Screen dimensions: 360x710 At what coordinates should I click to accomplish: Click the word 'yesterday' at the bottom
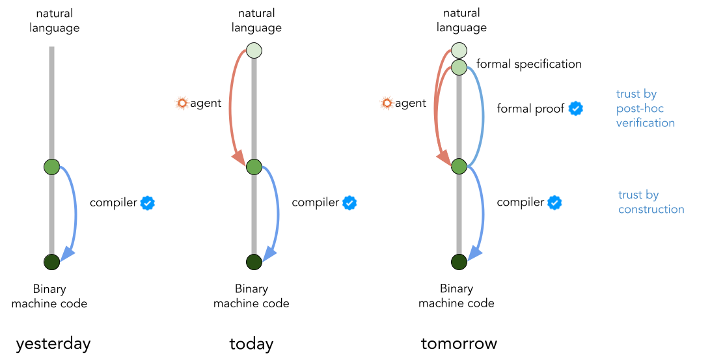[53, 344]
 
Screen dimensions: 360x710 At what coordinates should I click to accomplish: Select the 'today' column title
[251, 344]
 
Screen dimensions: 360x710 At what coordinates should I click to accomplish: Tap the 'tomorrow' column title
[459, 343]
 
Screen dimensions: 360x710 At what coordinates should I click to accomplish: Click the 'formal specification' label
[528, 64]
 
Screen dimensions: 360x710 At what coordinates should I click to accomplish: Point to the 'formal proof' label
[530, 109]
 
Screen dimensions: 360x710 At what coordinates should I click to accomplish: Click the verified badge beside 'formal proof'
[575, 109]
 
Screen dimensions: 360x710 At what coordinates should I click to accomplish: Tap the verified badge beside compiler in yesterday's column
[148, 202]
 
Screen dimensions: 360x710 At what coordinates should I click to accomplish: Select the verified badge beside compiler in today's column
[349, 202]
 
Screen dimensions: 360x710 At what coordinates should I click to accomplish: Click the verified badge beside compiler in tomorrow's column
[554, 202]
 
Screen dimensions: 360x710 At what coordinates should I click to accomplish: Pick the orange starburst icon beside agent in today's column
[182, 103]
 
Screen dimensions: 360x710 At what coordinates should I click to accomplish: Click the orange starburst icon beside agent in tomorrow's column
[387, 103]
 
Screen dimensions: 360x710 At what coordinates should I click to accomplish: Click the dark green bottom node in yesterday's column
[52, 262]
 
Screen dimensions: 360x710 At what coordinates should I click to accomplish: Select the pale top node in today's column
[254, 50]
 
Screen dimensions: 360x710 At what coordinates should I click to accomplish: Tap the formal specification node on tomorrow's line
[459, 66]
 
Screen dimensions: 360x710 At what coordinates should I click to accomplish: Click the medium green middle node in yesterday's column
[52, 167]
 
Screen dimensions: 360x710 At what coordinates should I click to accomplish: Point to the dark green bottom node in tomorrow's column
[459, 262]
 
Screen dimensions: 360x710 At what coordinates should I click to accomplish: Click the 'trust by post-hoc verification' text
[645, 109]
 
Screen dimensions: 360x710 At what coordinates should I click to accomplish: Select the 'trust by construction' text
[651, 202]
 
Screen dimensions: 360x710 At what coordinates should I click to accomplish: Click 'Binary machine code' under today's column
[251, 296]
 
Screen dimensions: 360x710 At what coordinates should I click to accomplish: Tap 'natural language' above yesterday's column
[55, 21]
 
